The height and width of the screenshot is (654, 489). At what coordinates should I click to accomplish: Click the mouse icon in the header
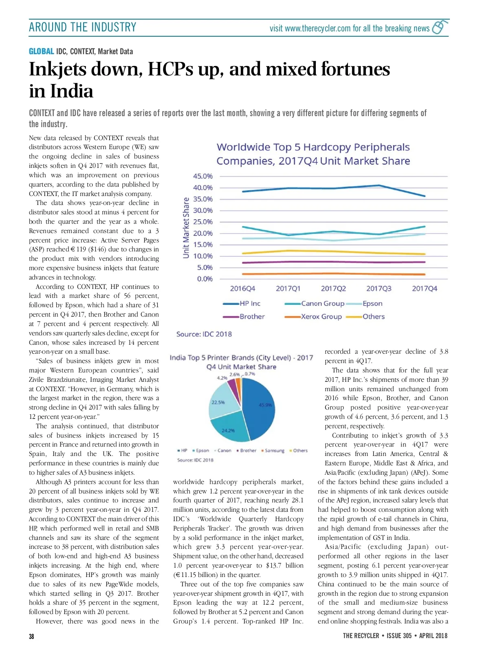click(439, 27)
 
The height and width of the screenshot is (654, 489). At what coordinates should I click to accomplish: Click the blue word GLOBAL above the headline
click(41, 51)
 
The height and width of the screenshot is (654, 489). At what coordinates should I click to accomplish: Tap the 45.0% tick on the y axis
click(203, 176)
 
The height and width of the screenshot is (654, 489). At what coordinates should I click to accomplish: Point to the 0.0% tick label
click(205, 279)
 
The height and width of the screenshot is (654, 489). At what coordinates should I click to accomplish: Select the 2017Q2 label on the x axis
click(333, 288)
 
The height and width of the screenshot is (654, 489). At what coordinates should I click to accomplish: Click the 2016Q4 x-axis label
click(242, 288)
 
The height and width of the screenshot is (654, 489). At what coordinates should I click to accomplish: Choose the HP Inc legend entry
click(249, 304)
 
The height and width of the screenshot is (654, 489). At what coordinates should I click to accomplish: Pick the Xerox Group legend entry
click(321, 317)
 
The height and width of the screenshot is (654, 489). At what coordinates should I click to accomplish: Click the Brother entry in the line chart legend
click(251, 317)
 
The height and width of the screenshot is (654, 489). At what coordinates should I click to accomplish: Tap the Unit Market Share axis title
click(186, 227)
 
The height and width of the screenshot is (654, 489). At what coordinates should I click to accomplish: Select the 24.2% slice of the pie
click(229, 430)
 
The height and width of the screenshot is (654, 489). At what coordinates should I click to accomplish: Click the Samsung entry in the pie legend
click(274, 451)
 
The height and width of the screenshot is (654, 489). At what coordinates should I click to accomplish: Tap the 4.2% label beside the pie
click(222, 378)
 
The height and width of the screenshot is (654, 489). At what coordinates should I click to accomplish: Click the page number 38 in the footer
click(32, 636)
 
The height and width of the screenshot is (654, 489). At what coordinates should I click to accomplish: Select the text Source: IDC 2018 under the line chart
click(204, 334)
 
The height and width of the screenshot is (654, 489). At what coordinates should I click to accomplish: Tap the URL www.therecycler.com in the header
click(317, 29)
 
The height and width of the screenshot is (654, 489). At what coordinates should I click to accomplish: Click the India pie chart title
click(241, 362)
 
